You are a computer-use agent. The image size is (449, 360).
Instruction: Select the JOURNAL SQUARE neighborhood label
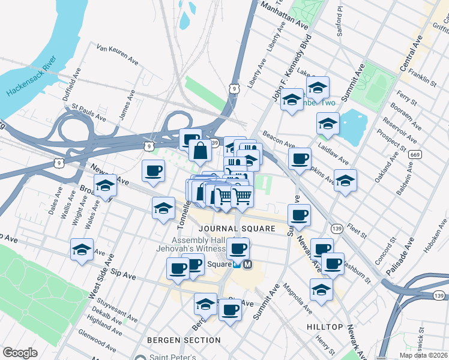[x=237, y=229]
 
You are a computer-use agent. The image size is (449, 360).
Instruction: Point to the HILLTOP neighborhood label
[x=325, y=327]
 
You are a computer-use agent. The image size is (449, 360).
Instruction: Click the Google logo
[x=20, y=353]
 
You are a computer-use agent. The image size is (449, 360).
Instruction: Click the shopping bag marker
[x=200, y=149]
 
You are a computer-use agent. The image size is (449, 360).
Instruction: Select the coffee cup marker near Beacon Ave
[x=300, y=158]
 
